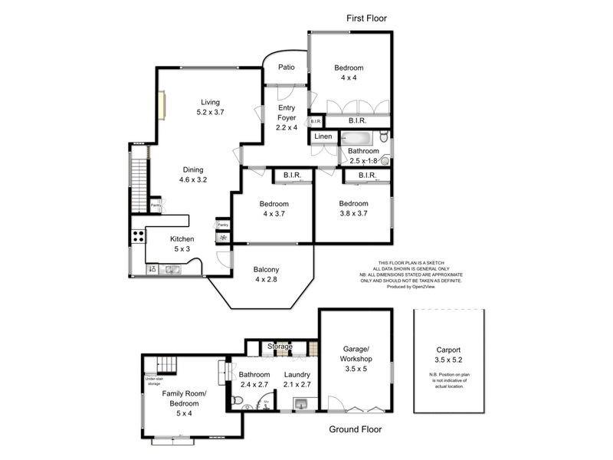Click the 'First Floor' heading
click(367, 17)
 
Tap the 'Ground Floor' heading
click(355, 429)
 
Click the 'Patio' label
click(287, 67)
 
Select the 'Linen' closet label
click(323, 136)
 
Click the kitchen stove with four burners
click(139, 237)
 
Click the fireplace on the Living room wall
click(162, 105)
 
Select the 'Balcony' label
click(266, 269)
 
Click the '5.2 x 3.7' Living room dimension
click(210, 112)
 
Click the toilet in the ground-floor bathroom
click(238, 401)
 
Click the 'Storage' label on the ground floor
click(280, 347)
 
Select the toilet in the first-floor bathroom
click(385, 159)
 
